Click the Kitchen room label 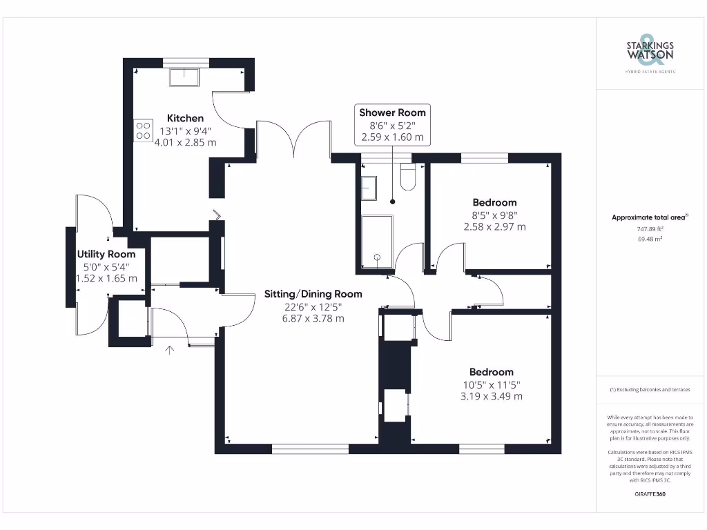[185, 118]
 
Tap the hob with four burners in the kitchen [143, 130]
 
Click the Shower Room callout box [392, 125]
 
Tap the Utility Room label [106, 254]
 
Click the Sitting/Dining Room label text [313, 294]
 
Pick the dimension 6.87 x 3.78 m [313, 318]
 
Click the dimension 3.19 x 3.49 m [492, 396]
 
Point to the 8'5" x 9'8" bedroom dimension [494, 215]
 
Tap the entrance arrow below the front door [170, 351]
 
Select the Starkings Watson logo [649, 52]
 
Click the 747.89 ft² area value [649, 228]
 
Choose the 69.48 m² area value [649, 239]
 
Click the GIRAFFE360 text [649, 494]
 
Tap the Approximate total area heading [649, 217]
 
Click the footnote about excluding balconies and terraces [649, 390]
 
